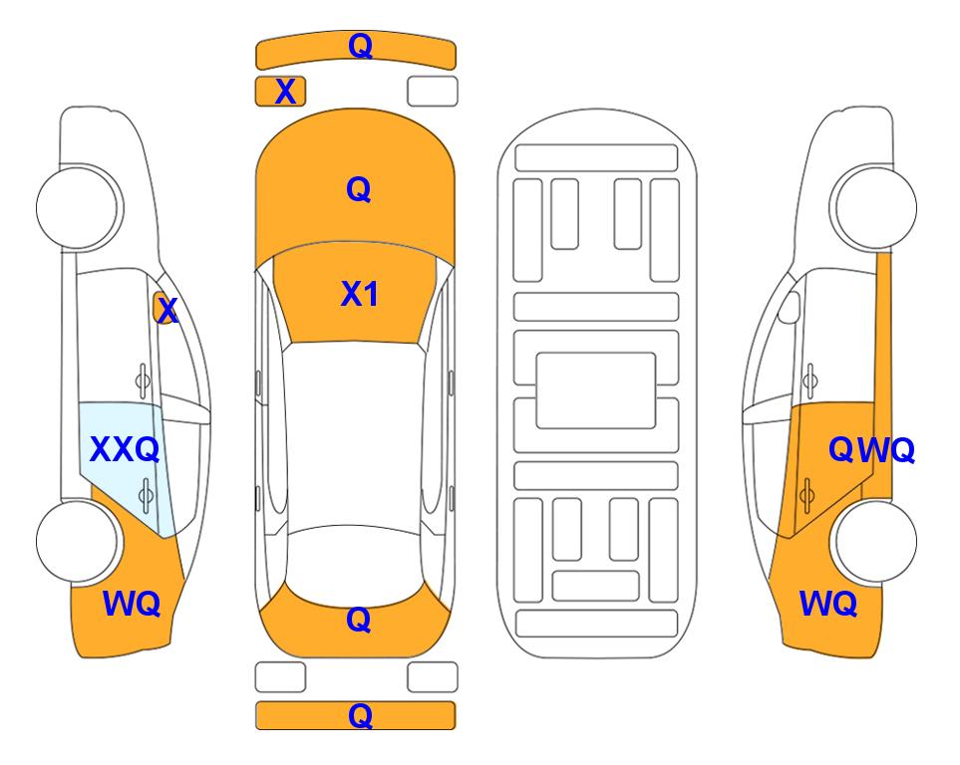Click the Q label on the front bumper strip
(360, 46)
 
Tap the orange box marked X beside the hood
(280, 92)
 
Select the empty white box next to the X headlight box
(433, 92)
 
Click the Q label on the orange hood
(358, 189)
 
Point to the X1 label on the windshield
(360, 294)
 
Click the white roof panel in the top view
(355, 435)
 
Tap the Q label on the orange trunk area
(358, 620)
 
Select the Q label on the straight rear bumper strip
(360, 715)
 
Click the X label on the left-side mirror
(167, 311)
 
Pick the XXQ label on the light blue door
(125, 450)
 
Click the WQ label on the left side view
(132, 604)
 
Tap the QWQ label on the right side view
(871, 450)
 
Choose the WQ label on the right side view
(828, 604)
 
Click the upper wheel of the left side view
(80, 207)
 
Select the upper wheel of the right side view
(873, 207)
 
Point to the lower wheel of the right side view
(873, 541)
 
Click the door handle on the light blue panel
(146, 494)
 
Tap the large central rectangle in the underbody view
(596, 390)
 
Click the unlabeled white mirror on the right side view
(790, 307)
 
